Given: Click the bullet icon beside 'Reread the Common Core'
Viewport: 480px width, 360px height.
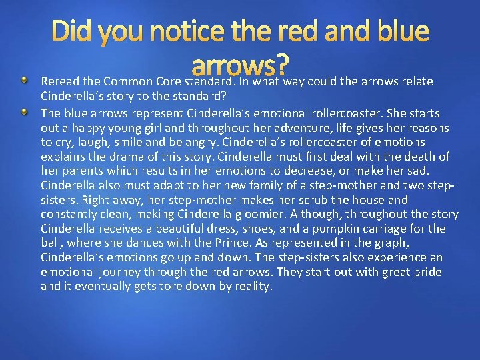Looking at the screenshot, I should tap(25, 81).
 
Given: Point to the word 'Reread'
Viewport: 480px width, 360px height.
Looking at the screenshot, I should tap(59, 82).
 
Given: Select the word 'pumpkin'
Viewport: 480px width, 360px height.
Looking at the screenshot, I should tap(346, 229).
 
